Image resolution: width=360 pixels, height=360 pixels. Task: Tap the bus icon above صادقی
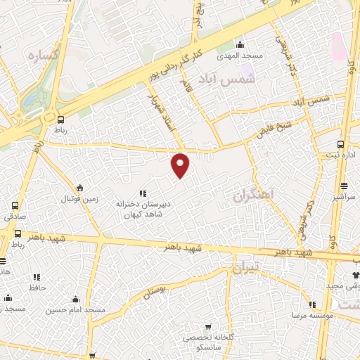pyautogui.click(x=15, y=206)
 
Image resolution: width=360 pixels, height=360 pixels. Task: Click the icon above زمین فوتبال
pyautogui.click(x=79, y=188)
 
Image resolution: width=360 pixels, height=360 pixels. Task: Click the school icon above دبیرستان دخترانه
pyautogui.click(x=143, y=193)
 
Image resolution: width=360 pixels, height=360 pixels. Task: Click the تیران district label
pyautogui.click(x=246, y=268)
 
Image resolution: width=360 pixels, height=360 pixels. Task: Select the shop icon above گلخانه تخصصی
pyautogui.click(x=207, y=327)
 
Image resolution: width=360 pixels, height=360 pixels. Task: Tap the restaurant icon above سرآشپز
pyautogui.click(x=344, y=186)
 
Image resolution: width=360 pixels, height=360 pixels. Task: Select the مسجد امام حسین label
pyautogui.click(x=76, y=310)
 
